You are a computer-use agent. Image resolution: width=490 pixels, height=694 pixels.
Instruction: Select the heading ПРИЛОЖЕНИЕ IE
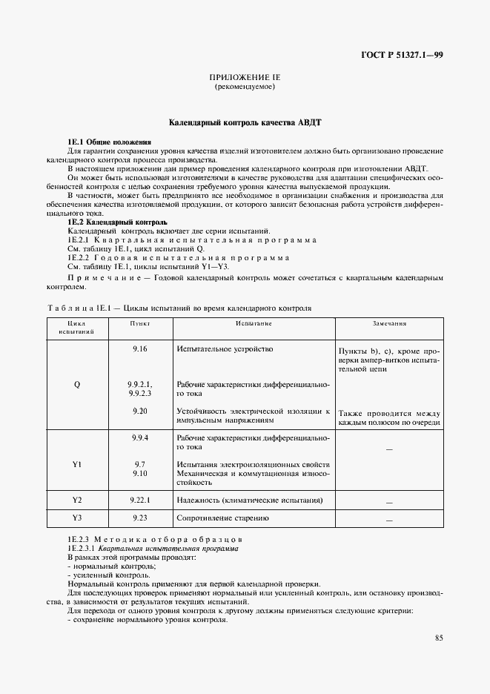tap(244, 77)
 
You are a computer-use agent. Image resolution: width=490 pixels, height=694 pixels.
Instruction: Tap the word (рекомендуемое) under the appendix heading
tap(244, 87)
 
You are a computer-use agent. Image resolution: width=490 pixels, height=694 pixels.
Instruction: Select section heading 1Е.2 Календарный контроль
tap(117, 222)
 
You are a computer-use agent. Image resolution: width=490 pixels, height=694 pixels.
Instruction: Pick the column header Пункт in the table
tap(139, 324)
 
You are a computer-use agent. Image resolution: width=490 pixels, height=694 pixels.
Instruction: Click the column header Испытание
tap(254, 324)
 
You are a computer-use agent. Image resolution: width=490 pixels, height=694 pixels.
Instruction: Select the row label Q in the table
tap(77, 385)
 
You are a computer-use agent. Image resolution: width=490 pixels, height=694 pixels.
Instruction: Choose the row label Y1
tap(77, 464)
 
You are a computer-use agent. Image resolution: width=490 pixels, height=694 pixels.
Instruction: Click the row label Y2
tap(77, 500)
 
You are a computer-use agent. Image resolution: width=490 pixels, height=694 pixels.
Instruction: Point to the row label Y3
tap(77, 518)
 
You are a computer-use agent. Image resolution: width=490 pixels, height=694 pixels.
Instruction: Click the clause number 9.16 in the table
tap(139, 348)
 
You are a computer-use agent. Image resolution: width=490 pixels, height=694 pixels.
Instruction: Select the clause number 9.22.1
tap(139, 500)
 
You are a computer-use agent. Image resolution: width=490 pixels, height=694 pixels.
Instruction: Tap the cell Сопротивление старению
tap(222, 518)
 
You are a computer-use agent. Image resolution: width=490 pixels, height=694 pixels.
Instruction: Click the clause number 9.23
tap(139, 518)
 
